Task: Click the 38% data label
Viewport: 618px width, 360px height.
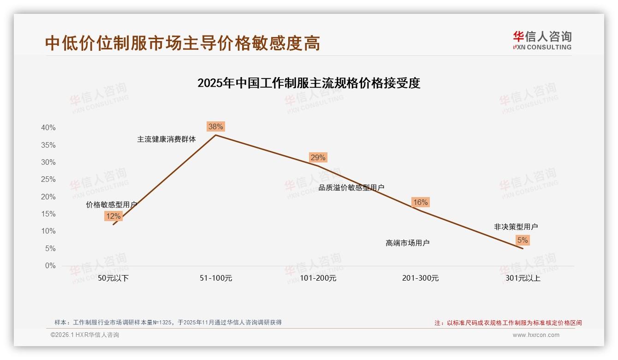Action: point(215,126)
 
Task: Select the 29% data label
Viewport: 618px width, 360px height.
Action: point(318,157)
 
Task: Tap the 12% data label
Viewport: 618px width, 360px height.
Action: point(113,216)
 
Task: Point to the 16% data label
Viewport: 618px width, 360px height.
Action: point(420,202)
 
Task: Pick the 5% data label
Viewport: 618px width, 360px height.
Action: point(523,240)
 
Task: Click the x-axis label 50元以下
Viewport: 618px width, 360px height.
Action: point(113,278)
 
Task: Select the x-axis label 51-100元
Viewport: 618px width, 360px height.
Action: point(216,278)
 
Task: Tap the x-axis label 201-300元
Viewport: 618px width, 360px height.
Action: point(420,278)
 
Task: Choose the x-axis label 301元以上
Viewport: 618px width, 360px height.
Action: point(523,278)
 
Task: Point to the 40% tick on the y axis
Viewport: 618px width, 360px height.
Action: point(48,128)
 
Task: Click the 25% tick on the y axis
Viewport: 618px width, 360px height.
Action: point(48,180)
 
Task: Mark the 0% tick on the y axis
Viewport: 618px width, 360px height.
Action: point(50,266)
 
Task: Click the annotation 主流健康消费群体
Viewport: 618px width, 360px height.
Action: point(166,139)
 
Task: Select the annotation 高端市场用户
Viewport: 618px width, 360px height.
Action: point(407,243)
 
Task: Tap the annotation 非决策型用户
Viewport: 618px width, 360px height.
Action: point(516,227)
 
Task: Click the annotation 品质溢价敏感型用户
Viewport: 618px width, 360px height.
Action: point(351,187)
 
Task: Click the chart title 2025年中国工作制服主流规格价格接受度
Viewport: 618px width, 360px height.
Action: point(309,83)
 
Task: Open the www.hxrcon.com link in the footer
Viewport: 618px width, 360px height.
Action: point(536,335)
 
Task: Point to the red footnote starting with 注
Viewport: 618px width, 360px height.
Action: point(508,323)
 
